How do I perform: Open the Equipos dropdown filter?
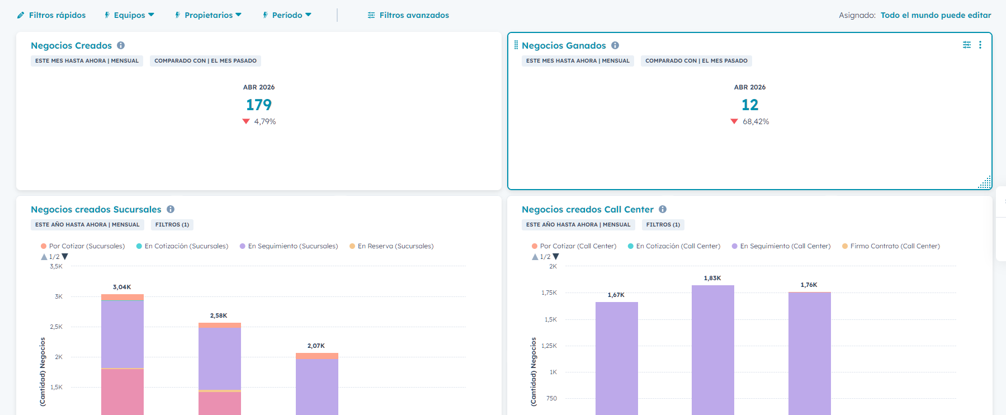click(129, 15)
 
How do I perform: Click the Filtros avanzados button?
click(408, 15)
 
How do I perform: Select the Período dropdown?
click(287, 15)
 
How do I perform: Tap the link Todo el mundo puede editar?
click(936, 15)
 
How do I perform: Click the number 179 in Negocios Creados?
click(259, 105)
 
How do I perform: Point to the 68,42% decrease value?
click(755, 121)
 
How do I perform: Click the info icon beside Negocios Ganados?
click(615, 45)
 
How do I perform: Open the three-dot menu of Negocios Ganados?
click(980, 45)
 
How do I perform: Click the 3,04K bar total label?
click(122, 287)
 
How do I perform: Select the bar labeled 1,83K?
click(712, 347)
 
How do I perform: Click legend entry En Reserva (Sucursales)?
click(395, 246)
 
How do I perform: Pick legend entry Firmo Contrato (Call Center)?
click(895, 246)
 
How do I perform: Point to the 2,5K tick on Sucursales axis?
click(56, 327)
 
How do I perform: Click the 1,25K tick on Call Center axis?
click(549, 346)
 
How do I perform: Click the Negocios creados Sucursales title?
click(96, 209)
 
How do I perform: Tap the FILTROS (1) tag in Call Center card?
click(663, 225)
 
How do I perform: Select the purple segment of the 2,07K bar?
click(317, 386)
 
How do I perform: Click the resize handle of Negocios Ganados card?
click(986, 183)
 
